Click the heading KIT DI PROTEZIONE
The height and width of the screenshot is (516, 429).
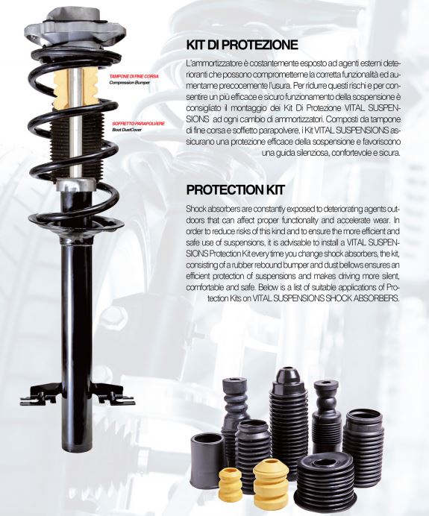242,45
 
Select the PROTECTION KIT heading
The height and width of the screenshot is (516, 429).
236,190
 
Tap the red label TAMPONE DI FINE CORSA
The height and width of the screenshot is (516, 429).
134,76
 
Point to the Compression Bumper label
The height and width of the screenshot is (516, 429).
129,83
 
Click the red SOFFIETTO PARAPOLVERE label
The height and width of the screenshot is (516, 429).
138,124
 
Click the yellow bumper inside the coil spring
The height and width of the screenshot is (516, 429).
75,89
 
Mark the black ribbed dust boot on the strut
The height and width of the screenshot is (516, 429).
76,144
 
